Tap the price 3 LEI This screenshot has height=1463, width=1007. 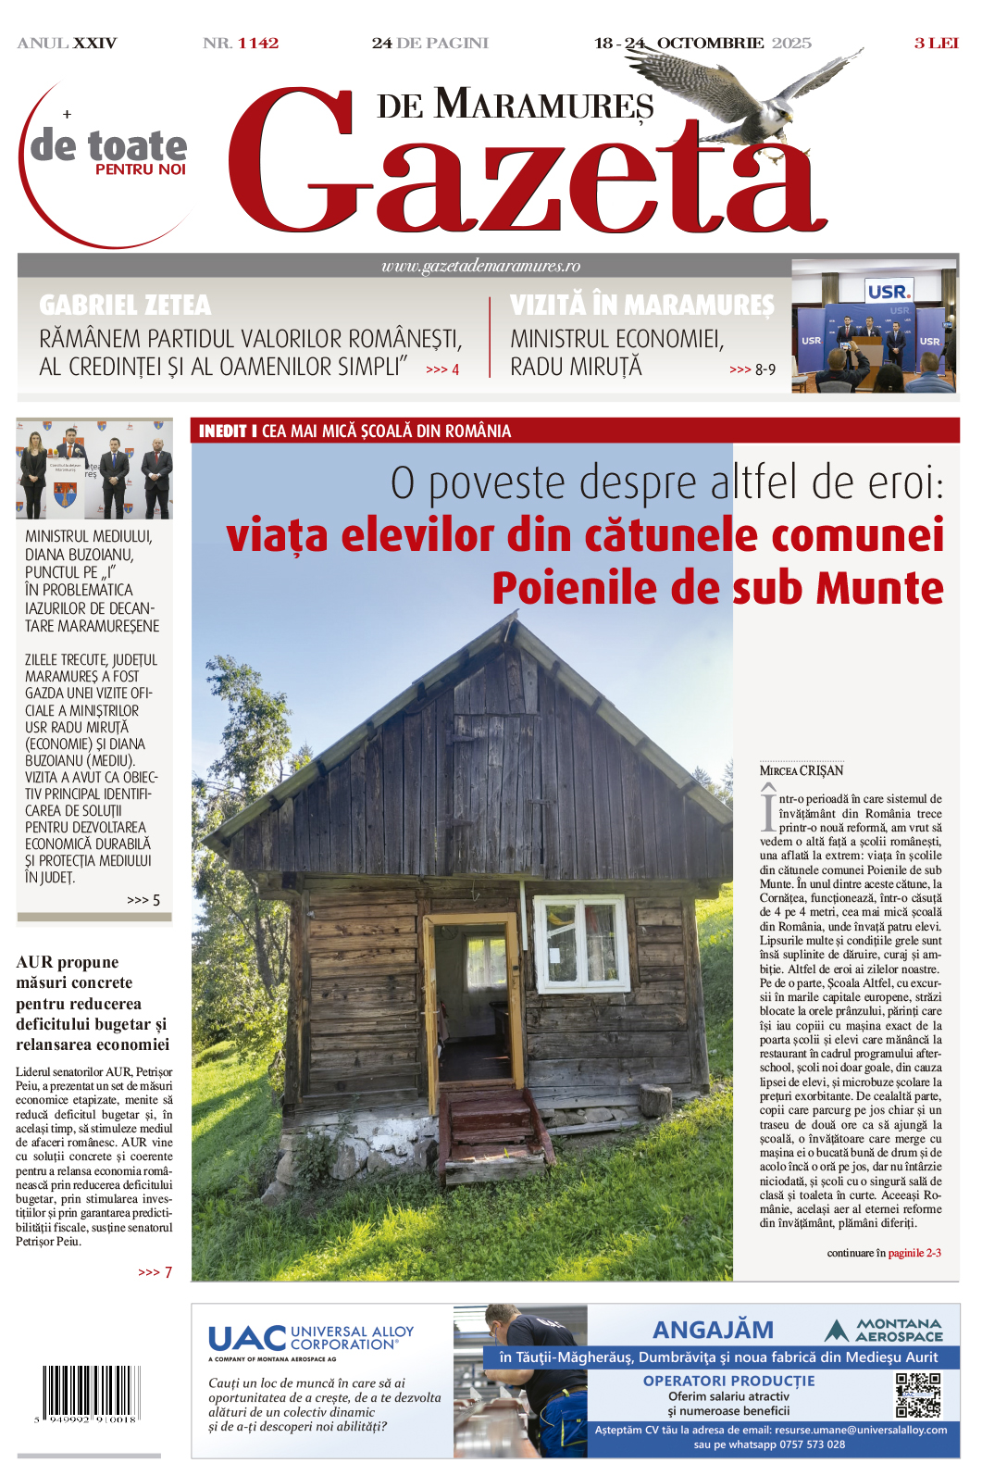tap(936, 44)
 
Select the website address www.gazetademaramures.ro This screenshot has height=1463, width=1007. tap(480, 267)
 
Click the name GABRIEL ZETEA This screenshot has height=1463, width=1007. tap(125, 305)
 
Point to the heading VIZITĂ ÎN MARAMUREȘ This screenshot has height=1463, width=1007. tap(641, 305)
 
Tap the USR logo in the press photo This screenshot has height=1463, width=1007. tap(888, 292)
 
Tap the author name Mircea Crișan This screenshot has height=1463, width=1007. tap(802, 770)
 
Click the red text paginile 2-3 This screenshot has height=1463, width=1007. tap(914, 1253)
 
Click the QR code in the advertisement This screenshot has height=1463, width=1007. tap(917, 1395)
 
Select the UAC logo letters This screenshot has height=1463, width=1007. tap(247, 1338)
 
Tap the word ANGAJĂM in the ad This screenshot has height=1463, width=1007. tap(713, 1330)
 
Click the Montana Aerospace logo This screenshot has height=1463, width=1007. tap(884, 1331)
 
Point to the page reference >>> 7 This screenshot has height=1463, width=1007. tap(155, 1272)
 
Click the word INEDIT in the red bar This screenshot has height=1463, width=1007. tap(222, 431)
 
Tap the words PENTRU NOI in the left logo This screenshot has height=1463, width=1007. tap(141, 169)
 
